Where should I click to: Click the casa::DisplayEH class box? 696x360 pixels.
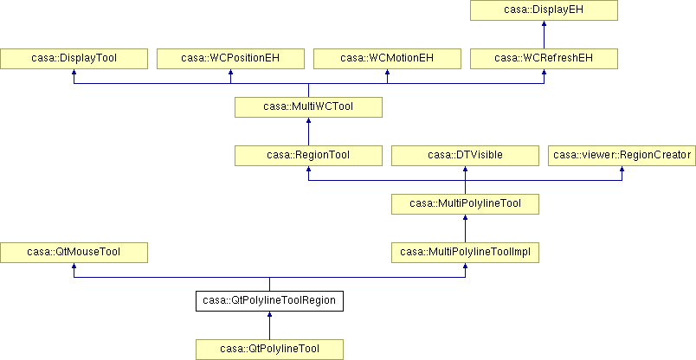tap(544, 10)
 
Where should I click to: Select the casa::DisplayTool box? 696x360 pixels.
tap(74, 59)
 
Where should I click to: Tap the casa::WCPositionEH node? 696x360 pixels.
tap(230, 59)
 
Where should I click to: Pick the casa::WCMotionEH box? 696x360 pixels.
tap(387, 59)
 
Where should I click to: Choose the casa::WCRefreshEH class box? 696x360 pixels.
tap(544, 59)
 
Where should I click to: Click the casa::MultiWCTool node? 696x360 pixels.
tap(308, 107)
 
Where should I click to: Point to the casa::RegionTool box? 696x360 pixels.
tap(308, 156)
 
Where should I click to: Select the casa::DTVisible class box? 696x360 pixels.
tap(465, 156)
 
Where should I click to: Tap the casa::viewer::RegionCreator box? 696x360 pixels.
tap(622, 156)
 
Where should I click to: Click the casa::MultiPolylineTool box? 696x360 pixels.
tap(465, 203)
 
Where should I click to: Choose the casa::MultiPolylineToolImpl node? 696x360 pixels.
tap(465, 252)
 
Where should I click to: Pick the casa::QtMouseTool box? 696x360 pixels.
tap(74, 252)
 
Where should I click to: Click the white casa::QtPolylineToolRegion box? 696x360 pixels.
tap(269, 300)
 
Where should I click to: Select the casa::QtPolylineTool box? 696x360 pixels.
tap(269, 350)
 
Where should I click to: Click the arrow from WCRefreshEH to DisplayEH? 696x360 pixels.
tap(544, 35)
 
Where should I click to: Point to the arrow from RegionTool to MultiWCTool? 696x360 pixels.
tap(308, 132)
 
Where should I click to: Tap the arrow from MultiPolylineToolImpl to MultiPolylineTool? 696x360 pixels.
tap(465, 228)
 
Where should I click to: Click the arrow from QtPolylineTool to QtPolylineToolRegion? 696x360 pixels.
tap(269, 325)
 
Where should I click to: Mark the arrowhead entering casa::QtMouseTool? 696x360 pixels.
tap(74, 266)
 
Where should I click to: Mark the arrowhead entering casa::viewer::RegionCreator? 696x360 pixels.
tap(622, 169)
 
